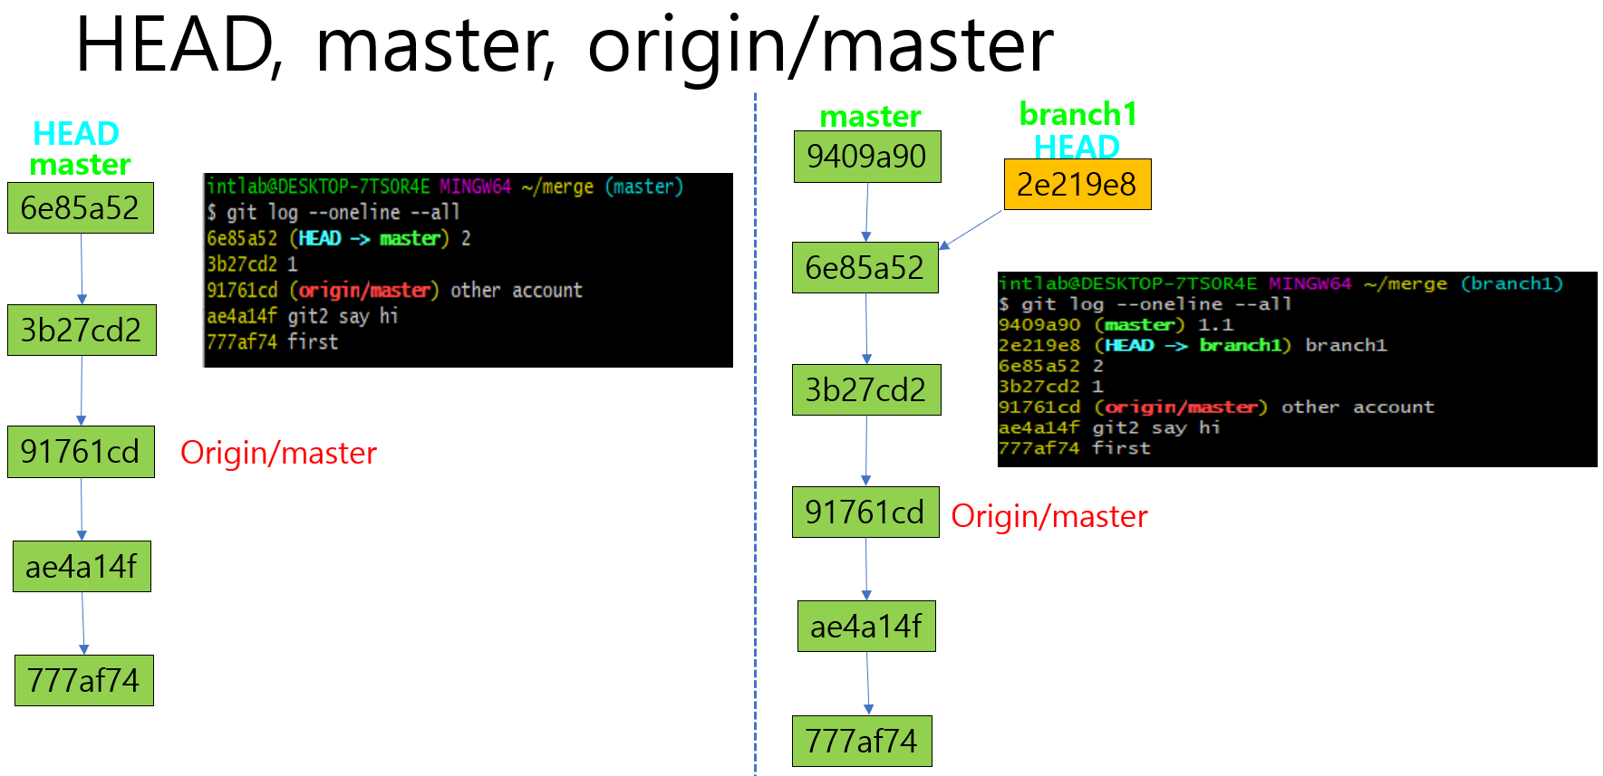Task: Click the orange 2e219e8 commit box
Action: [x=1077, y=185]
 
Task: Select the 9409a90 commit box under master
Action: [x=867, y=157]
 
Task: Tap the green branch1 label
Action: [x=1077, y=114]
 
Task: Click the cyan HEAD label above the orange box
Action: [x=1077, y=146]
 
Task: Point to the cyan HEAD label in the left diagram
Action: [x=76, y=133]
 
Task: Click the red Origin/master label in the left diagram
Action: [x=278, y=453]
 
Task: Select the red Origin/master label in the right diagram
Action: [x=1049, y=516]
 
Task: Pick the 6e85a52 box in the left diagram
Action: [x=81, y=208]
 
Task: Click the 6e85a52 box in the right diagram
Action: [x=865, y=268]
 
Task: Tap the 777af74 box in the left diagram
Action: [x=83, y=680]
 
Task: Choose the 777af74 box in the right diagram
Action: [x=861, y=741]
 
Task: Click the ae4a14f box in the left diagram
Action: [x=82, y=567]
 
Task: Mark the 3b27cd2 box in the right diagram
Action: [x=865, y=390]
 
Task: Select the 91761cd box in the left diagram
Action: [x=81, y=452]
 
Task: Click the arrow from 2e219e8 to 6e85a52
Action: [x=971, y=229]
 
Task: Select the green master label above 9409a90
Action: [x=870, y=116]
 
